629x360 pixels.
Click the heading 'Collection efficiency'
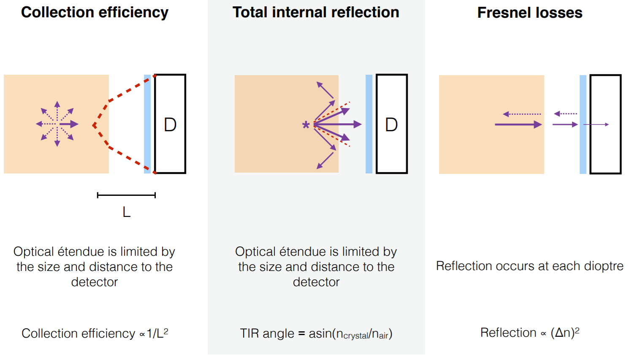tap(95, 13)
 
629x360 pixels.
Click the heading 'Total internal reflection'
tap(316, 13)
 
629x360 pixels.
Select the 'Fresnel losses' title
tap(530, 13)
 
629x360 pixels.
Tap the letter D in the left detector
tap(170, 125)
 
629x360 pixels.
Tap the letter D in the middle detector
tap(391, 125)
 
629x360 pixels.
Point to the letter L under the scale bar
tap(126, 212)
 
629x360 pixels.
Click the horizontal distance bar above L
tap(126, 195)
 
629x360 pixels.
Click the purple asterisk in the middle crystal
tap(306, 125)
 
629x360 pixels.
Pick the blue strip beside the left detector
tap(147, 124)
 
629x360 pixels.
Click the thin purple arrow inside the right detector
tap(596, 125)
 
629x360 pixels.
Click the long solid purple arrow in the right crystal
tap(518, 125)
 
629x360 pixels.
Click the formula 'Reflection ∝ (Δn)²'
tap(530, 333)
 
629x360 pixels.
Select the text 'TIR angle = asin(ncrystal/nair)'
tap(316, 334)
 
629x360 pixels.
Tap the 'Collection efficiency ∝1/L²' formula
tap(95, 333)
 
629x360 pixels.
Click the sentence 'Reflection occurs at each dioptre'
tap(530, 266)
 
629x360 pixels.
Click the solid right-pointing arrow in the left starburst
tap(69, 124)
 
